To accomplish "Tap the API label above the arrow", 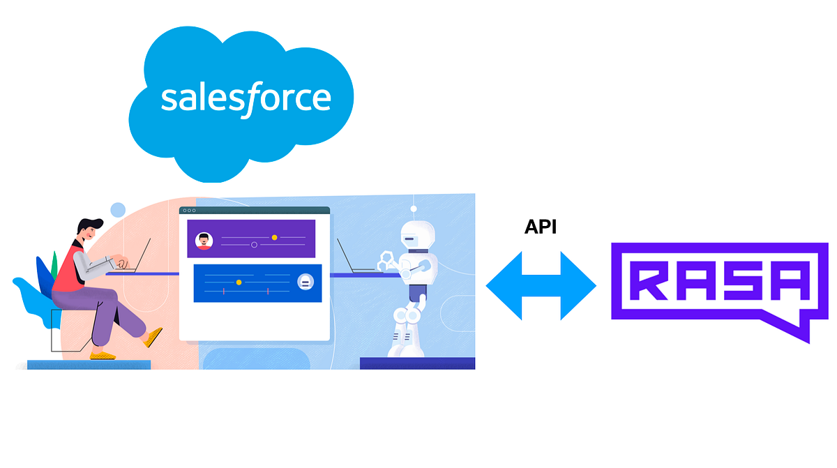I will [541, 227].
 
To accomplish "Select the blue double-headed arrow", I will [541, 286].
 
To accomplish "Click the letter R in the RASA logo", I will [652, 280].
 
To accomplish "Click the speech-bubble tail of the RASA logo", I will [795, 328].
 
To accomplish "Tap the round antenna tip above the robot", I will [414, 208].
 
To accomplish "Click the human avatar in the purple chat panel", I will [204, 241].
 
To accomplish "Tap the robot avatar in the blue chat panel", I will [305, 282].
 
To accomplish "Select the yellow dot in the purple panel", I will [274, 238].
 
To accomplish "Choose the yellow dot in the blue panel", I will [239, 282].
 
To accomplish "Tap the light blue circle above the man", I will [118, 210].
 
